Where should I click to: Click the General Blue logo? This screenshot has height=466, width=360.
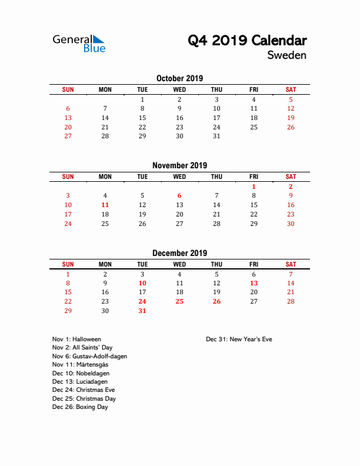(79, 43)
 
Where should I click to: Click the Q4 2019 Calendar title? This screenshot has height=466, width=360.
(247, 41)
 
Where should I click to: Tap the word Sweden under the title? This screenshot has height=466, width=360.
(286, 55)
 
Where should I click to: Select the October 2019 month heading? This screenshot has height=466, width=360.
(179, 78)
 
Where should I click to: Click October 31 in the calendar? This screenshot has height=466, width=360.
(216, 136)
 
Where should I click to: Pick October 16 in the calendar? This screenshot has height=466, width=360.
(179, 118)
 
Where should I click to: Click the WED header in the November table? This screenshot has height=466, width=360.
(179, 177)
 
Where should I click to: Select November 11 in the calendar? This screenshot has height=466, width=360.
(105, 205)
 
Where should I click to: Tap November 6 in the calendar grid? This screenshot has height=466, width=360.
(179, 196)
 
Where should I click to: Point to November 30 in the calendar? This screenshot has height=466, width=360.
(291, 224)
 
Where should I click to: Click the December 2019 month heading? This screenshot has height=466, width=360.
(179, 253)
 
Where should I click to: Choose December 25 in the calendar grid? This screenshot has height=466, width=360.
(179, 301)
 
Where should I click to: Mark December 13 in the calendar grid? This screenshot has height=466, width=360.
(254, 283)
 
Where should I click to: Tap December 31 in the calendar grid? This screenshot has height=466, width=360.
(142, 311)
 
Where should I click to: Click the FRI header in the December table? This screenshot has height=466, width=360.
(254, 264)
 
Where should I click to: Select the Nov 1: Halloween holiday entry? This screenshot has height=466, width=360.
(76, 339)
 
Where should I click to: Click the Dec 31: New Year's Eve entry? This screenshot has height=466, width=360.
(239, 339)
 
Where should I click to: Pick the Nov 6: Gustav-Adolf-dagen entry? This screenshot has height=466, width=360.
(89, 357)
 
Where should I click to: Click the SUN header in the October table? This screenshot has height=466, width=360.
(68, 89)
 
